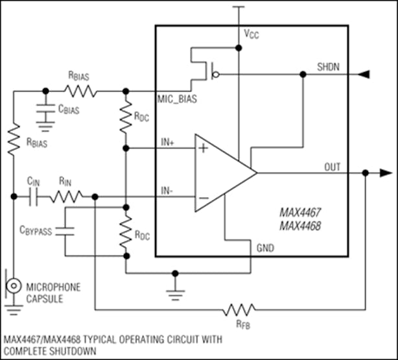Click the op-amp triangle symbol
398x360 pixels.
224,173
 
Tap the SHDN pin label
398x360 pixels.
328,67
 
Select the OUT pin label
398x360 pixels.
333,167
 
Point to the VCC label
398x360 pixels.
251,34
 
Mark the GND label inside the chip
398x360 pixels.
264,248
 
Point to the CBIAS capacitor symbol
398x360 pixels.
45,108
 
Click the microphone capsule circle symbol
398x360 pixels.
12,285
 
